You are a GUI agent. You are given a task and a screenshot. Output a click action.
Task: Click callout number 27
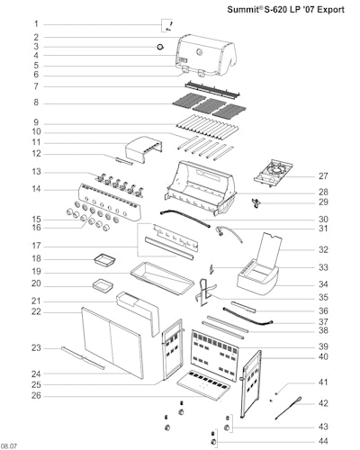[x=323, y=176]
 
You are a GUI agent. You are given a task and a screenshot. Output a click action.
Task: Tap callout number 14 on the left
[x=36, y=189]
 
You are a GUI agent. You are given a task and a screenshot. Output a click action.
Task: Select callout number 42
[x=323, y=403]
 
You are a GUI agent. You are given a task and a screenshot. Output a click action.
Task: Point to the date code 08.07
[x=9, y=446]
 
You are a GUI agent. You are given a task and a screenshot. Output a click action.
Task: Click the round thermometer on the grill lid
[x=199, y=52]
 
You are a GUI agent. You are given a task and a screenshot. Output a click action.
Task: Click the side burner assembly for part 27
[x=274, y=172]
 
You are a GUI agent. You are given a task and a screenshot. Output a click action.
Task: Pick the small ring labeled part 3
[x=161, y=47]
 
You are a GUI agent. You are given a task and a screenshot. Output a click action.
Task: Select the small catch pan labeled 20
[x=103, y=284]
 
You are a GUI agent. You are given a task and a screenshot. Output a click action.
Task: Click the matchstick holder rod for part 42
[x=288, y=408]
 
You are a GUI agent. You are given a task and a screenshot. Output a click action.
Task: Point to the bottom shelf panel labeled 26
[x=204, y=385]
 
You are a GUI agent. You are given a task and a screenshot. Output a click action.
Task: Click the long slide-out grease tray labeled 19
[x=162, y=278]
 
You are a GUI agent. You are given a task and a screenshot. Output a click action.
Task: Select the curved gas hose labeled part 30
[x=184, y=218]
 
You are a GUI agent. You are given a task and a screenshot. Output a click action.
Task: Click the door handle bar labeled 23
[x=83, y=358]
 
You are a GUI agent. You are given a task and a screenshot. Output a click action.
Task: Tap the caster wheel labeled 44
[x=214, y=442]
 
